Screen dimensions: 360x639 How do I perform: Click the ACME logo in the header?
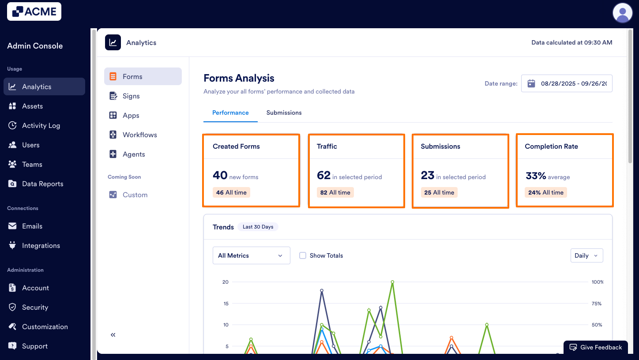[x=34, y=11]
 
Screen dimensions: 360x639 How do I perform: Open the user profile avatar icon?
[x=622, y=12]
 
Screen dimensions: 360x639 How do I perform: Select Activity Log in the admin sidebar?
[x=41, y=126]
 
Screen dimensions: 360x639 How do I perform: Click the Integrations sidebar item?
[x=41, y=246]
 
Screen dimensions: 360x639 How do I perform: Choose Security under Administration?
[x=35, y=307]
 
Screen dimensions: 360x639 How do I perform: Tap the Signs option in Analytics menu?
[x=131, y=96]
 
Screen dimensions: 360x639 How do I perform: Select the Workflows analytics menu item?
[x=139, y=135]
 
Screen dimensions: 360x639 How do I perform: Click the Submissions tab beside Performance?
[x=284, y=113]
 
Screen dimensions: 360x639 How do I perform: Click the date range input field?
[x=567, y=83]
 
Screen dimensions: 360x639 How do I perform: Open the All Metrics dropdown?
[x=251, y=255]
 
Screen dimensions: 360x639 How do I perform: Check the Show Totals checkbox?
[x=303, y=255]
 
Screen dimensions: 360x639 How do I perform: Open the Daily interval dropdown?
[x=586, y=255]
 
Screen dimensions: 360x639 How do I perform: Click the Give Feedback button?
[x=595, y=347]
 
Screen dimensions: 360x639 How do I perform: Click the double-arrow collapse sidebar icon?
[x=113, y=335]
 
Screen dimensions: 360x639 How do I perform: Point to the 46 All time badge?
[x=231, y=193]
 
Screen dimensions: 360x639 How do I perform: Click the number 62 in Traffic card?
[x=323, y=176]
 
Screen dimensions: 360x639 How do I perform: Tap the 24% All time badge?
[x=546, y=193]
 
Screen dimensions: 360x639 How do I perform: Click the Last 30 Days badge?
[x=258, y=227]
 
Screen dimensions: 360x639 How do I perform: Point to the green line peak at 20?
[x=392, y=282]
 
